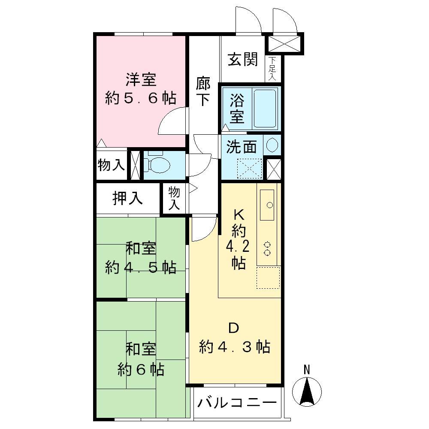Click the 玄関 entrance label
[242, 60]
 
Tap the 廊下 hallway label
[203, 91]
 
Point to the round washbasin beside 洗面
[272, 145]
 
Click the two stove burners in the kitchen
[268, 248]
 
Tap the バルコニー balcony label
[236, 404]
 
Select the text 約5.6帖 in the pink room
[141, 99]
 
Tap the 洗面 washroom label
[242, 147]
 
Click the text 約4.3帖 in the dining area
[235, 347]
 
